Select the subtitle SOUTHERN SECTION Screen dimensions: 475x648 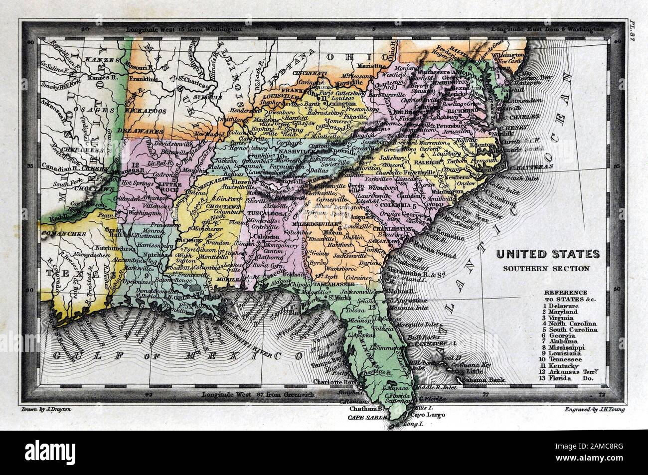547,268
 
